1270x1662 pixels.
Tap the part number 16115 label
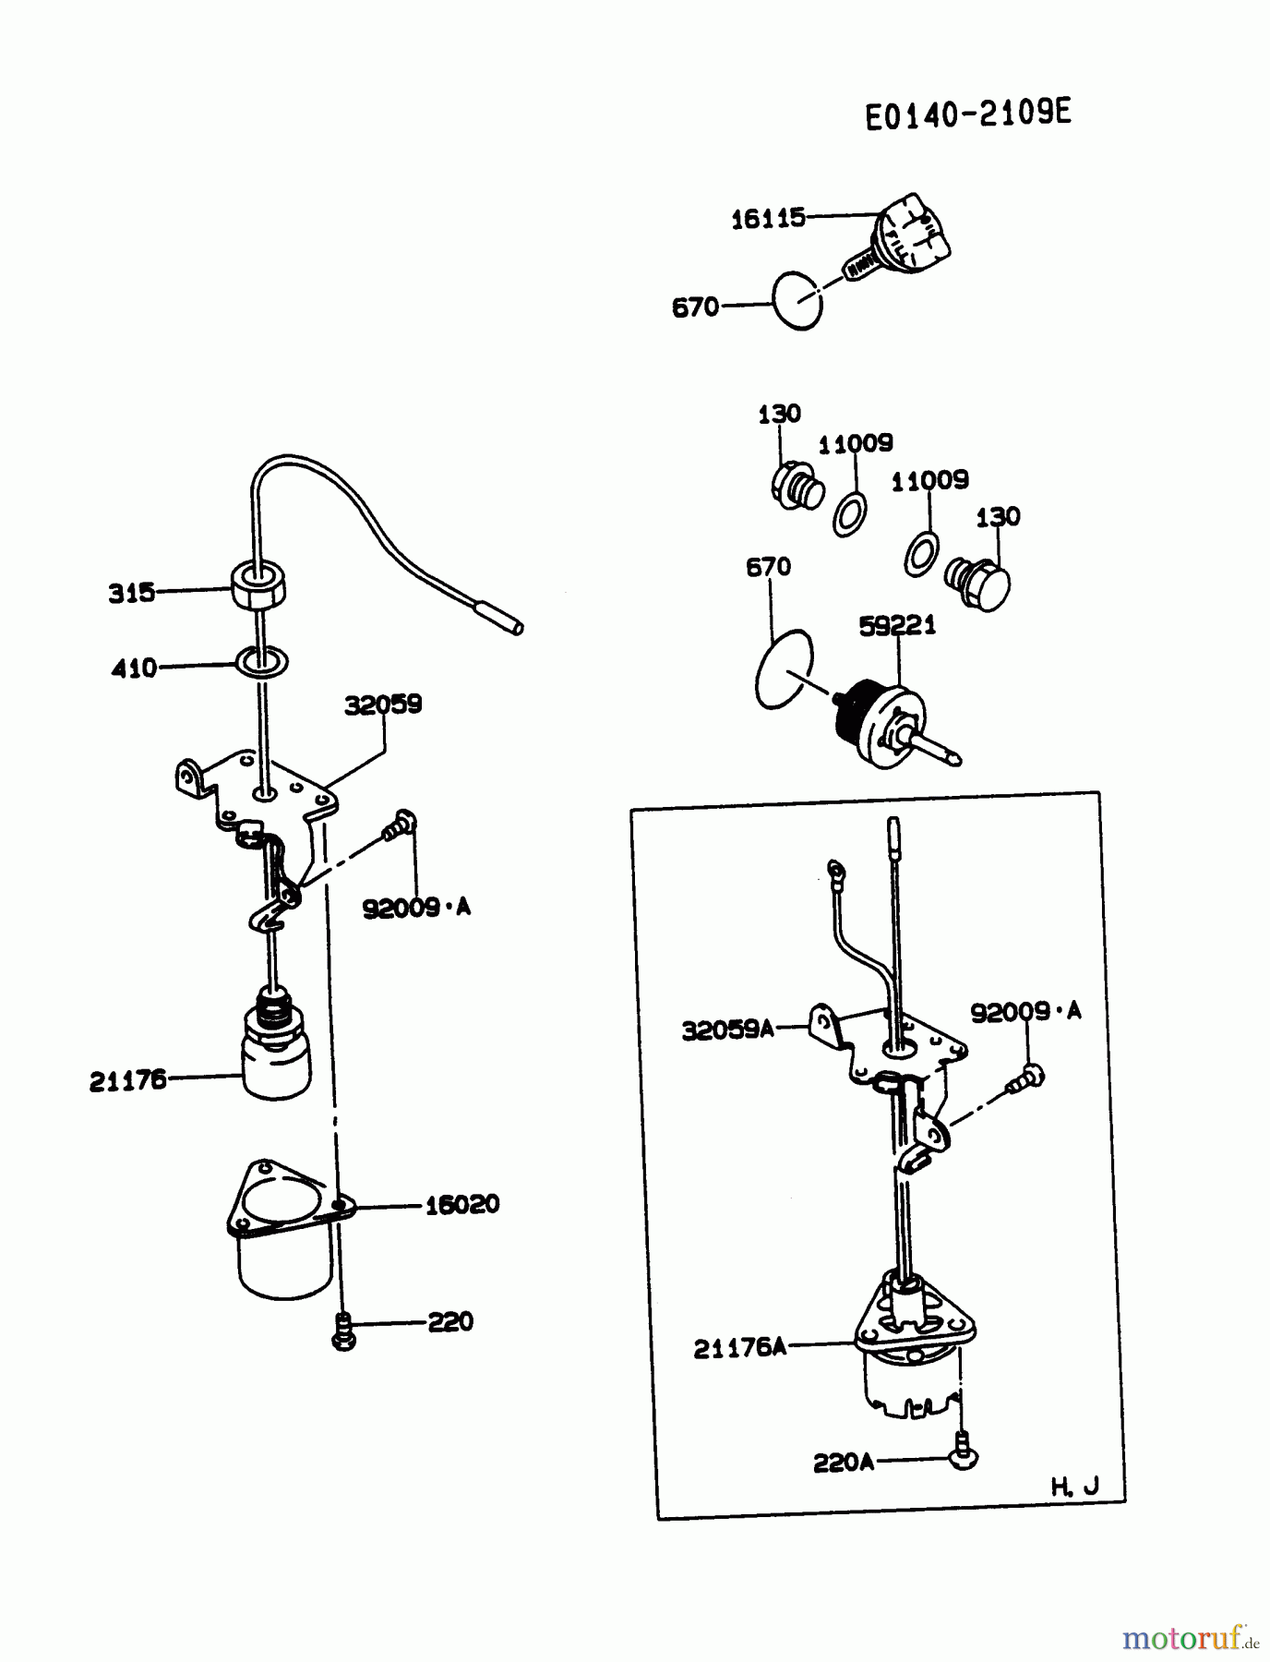pyautogui.click(x=768, y=219)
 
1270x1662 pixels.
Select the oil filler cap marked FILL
pyautogui.click(x=914, y=234)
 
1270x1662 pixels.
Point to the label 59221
pyautogui.click(x=896, y=626)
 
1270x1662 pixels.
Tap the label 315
pyautogui.click(x=131, y=593)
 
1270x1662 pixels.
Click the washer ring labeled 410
pyautogui.click(x=262, y=662)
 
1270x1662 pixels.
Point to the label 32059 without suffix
pyautogui.click(x=383, y=705)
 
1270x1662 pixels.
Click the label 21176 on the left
pyautogui.click(x=127, y=1079)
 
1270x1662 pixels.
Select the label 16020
pyautogui.click(x=461, y=1204)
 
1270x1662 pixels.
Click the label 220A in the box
pyautogui.click(x=843, y=1463)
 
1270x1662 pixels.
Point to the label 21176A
pyautogui.click(x=739, y=1348)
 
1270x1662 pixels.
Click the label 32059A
pyautogui.click(x=727, y=1030)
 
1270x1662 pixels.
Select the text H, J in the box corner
pyautogui.click(x=1074, y=1487)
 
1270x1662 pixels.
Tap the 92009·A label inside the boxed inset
pyautogui.click(x=1024, y=1012)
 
